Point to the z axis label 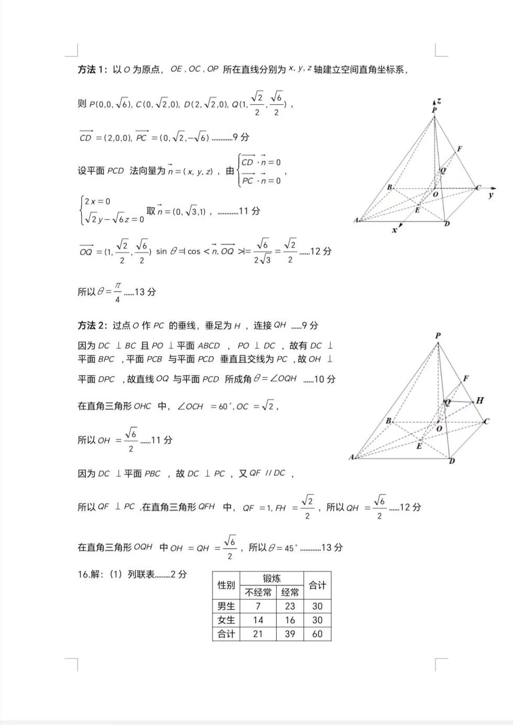click(x=439, y=101)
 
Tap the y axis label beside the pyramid click(x=490, y=195)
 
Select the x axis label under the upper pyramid click(x=395, y=230)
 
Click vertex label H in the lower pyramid click(x=479, y=400)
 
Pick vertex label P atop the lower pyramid click(x=438, y=335)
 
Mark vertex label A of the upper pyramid click(x=356, y=220)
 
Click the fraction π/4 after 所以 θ click(x=117, y=292)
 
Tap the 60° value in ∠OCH click(x=225, y=406)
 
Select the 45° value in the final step click(x=291, y=548)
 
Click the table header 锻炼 click(x=271, y=578)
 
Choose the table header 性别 click(x=226, y=585)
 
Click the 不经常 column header click(x=258, y=592)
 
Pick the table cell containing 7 click(x=258, y=606)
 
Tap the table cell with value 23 click(x=290, y=606)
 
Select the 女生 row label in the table click(x=226, y=620)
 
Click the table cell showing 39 click(x=290, y=634)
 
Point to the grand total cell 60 click(x=318, y=634)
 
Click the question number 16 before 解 click(x=83, y=574)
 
